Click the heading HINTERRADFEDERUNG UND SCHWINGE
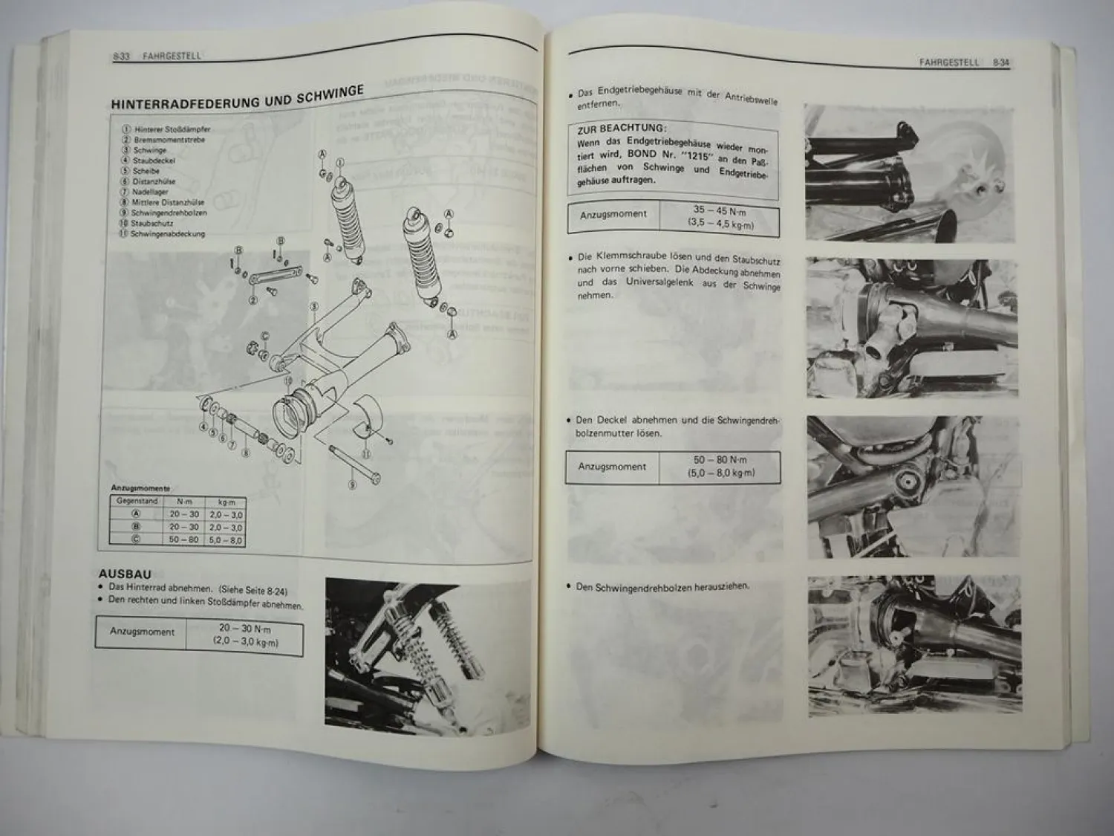coord(236,98)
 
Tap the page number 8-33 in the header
coord(122,56)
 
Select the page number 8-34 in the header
coord(1000,63)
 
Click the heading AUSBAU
coord(125,574)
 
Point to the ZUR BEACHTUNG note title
coord(622,128)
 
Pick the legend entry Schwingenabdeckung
coord(167,234)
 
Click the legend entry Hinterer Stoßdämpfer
coord(172,129)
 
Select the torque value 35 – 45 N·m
coord(719,210)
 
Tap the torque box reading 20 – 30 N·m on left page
coord(244,629)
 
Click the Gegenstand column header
coord(137,502)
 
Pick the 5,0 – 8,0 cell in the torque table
coord(225,540)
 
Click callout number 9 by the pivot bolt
coord(352,485)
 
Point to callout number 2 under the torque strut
coord(253,300)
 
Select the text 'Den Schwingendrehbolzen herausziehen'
coord(663,586)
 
